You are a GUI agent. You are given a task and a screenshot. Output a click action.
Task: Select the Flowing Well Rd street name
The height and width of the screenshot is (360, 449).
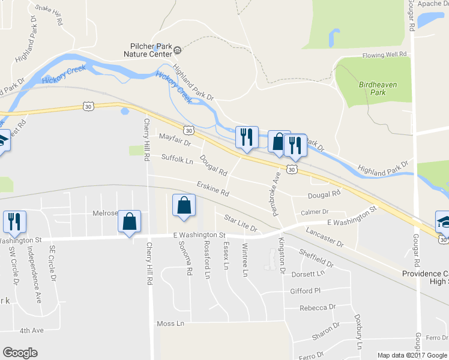tap(384, 55)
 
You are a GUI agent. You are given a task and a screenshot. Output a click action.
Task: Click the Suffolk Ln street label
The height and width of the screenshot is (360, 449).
tap(177, 159)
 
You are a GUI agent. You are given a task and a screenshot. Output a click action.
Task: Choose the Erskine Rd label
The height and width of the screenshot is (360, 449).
tap(212, 190)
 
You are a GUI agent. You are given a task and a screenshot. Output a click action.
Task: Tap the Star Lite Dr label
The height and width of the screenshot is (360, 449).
tap(240, 223)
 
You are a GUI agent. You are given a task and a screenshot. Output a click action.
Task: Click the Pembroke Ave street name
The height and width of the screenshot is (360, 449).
tap(277, 193)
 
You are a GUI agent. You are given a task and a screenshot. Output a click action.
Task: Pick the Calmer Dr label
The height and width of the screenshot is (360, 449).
tap(315, 212)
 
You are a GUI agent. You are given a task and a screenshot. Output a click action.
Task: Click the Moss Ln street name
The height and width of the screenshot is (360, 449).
tap(170, 323)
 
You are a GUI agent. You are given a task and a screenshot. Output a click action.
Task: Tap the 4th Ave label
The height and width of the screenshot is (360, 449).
tap(32, 330)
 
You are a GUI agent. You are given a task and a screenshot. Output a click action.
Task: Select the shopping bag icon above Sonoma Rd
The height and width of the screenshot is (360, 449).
tap(184, 205)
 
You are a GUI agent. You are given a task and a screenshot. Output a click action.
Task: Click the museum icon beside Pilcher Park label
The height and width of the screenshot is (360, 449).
tap(155, 46)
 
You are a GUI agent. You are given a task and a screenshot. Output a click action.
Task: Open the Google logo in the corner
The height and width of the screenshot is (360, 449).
tap(20, 353)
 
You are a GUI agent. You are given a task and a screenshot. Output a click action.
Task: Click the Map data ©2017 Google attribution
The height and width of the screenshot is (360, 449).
tap(412, 355)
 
